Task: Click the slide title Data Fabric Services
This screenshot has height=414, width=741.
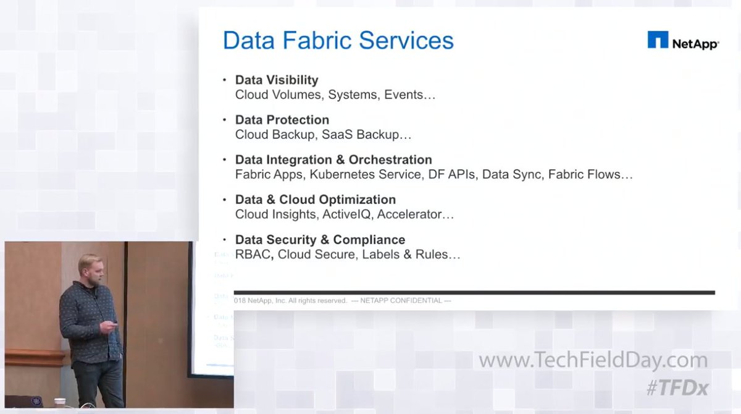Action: tap(338, 41)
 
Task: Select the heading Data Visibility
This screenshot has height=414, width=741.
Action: tap(277, 80)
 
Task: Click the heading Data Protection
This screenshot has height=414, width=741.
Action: tap(282, 120)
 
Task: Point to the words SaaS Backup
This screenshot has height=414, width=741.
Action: tap(380, 135)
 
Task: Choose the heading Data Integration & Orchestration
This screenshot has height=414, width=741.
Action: tap(333, 159)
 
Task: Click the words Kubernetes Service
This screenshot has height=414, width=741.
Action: tap(365, 175)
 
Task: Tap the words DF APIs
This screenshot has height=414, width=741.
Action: tap(451, 175)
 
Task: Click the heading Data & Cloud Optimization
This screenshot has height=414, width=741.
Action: tap(316, 200)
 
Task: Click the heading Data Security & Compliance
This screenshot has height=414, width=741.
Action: tap(320, 240)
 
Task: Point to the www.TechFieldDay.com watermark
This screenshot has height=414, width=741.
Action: tap(593, 361)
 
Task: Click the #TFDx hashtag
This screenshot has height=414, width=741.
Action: tap(677, 388)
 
